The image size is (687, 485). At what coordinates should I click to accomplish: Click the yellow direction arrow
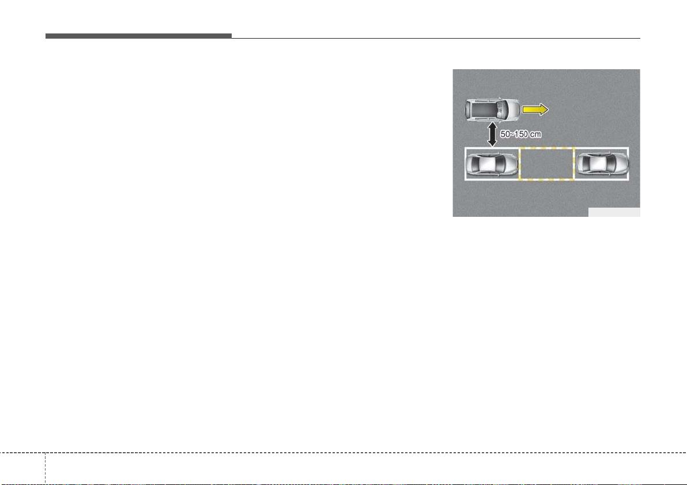(535, 109)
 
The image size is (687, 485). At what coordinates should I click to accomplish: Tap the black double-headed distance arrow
(492, 134)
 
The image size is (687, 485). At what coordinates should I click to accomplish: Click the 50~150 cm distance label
(520, 134)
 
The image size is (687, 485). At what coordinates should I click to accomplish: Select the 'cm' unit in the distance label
(535, 134)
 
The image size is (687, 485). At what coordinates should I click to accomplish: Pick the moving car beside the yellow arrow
(492, 109)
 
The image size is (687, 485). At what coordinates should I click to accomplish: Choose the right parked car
(602, 164)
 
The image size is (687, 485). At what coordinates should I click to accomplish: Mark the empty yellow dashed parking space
(547, 164)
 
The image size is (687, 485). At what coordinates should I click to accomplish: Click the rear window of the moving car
(469, 109)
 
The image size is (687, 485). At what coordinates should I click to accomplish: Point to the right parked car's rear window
(584, 164)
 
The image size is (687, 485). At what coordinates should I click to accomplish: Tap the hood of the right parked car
(621, 164)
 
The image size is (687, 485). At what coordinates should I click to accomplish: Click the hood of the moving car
(513, 109)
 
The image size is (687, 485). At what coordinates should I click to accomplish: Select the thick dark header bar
(138, 36)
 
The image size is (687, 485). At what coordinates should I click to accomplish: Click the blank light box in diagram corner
(614, 212)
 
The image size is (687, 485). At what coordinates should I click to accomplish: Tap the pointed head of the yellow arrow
(543, 109)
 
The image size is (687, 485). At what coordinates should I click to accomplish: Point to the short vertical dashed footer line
(45, 468)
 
